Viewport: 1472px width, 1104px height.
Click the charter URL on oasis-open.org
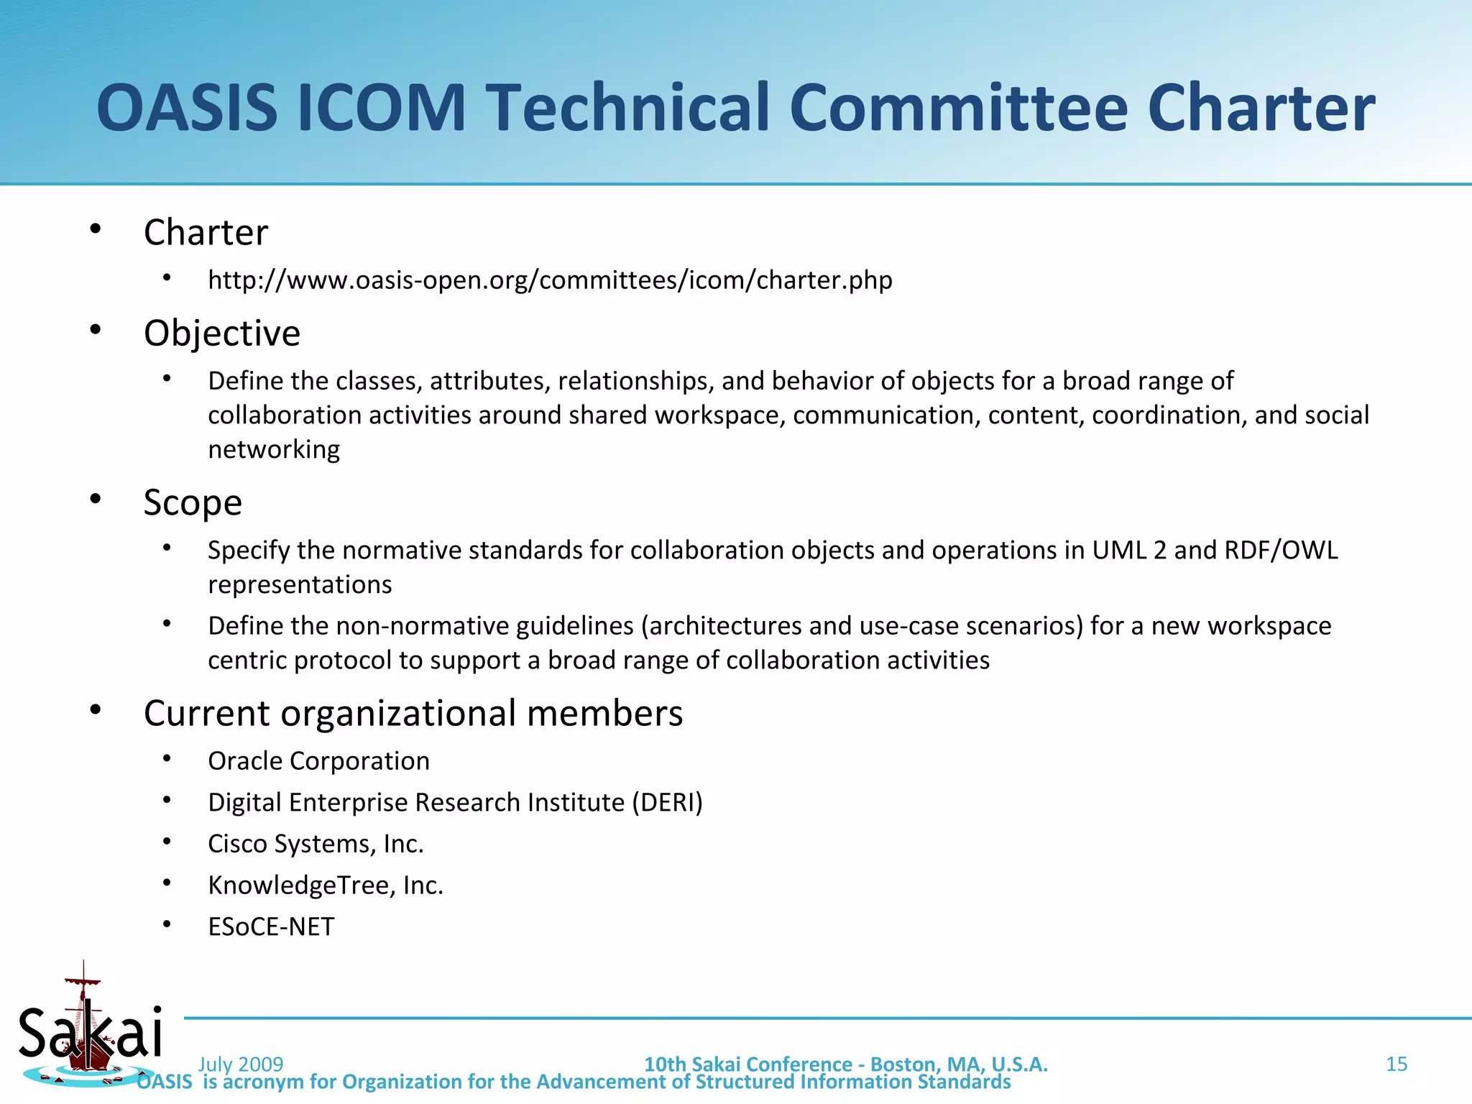coord(550,280)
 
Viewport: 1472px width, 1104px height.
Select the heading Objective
coord(221,333)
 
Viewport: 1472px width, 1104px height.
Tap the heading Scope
coord(193,502)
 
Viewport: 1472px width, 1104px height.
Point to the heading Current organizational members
coord(413,713)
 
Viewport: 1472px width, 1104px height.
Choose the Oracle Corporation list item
coord(318,760)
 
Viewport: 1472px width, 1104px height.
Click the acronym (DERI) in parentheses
coord(667,802)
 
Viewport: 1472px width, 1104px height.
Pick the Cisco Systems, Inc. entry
coord(316,844)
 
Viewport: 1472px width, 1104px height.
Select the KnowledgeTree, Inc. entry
coord(326,885)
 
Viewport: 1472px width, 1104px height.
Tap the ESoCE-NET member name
coord(271,927)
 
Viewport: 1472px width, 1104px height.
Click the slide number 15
coord(1396,1064)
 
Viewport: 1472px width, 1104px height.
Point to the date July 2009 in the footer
coord(241,1064)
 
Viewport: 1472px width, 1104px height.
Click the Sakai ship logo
coord(88,1028)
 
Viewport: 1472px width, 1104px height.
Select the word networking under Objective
coord(274,450)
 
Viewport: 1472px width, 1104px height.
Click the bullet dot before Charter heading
coord(96,229)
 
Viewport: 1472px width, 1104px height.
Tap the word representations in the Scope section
coord(300,585)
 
